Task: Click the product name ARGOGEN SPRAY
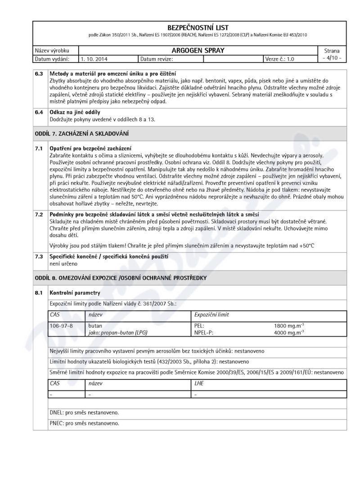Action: click(x=198, y=50)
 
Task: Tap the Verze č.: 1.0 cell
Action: click(x=282, y=58)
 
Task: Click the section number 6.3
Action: click(x=40, y=73)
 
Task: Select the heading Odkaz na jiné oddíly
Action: click(x=75, y=112)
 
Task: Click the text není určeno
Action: click(x=63, y=263)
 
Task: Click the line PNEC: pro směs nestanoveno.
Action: click(x=84, y=423)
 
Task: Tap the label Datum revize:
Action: click(x=157, y=58)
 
